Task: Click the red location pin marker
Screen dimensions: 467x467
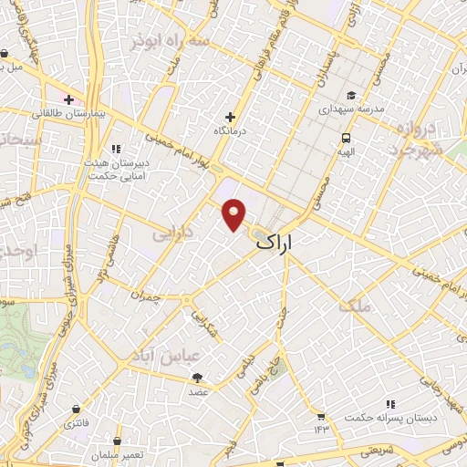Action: (x=234, y=213)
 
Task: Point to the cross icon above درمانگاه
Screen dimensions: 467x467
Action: (x=230, y=117)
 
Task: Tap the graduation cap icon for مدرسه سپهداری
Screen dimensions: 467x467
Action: (x=352, y=96)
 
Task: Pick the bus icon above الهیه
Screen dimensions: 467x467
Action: (x=346, y=138)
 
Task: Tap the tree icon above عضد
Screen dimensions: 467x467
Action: (x=198, y=378)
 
